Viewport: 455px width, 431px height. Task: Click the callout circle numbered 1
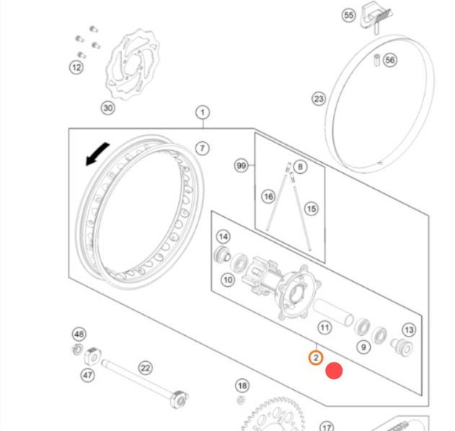(x=203, y=112)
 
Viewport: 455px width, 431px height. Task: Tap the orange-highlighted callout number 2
(x=316, y=357)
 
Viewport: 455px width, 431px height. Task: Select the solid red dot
(x=334, y=370)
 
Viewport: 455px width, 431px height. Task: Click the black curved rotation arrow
(x=97, y=154)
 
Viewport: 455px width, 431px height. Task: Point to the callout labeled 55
(x=349, y=15)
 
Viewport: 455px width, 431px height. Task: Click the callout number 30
(x=108, y=108)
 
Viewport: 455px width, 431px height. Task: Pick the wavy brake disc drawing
(x=133, y=64)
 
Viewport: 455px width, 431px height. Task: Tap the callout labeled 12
(x=76, y=68)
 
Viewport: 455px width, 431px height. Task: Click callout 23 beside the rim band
(x=319, y=99)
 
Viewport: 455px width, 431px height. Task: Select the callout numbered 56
(x=390, y=61)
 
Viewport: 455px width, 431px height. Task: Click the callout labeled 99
(x=242, y=166)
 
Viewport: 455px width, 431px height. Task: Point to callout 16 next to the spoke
(x=268, y=197)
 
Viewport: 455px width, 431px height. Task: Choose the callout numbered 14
(x=223, y=237)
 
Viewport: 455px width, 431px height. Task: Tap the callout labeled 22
(x=146, y=368)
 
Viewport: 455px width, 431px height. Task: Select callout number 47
(x=88, y=376)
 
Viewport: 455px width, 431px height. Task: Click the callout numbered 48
(x=79, y=334)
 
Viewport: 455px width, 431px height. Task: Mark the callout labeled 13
(x=409, y=330)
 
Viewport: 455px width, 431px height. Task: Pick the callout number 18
(x=242, y=386)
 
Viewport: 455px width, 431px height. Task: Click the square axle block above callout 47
(x=92, y=355)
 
